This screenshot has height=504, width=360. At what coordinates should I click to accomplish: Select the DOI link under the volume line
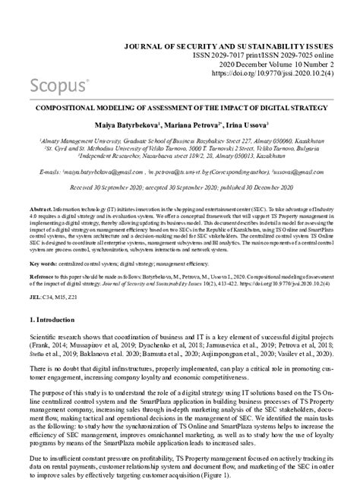[x=268, y=75]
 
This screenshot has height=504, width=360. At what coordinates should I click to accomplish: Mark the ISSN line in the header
[x=257, y=55]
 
